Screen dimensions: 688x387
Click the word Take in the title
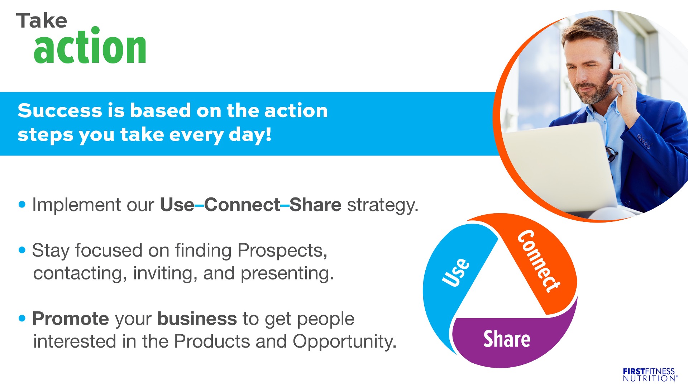tap(42, 20)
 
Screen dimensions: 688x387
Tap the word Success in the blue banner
tap(59, 110)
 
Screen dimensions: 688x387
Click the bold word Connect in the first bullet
tap(242, 205)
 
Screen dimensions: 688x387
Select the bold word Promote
tap(71, 319)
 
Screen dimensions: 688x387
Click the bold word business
tap(197, 319)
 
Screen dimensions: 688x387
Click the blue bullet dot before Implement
tap(22, 205)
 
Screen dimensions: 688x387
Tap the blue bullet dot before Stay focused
tap(22, 250)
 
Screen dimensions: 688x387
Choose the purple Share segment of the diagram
tap(509, 340)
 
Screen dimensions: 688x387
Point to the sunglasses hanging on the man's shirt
tap(612, 153)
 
